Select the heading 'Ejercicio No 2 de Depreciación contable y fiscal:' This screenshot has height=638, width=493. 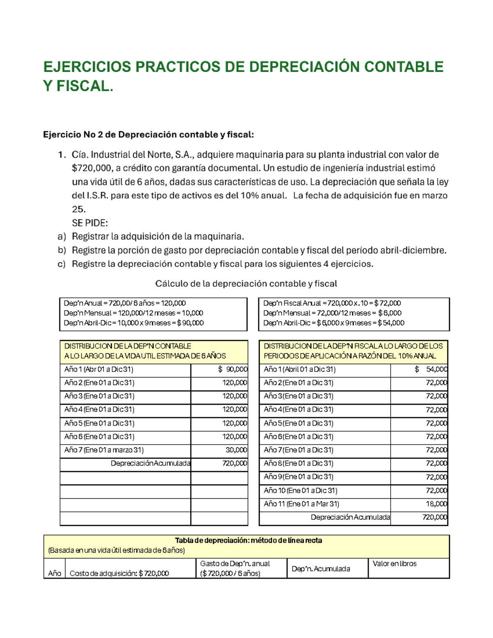pos(148,135)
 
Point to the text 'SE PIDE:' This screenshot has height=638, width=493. pos(90,223)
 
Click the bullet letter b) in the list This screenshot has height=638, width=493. pos(62,250)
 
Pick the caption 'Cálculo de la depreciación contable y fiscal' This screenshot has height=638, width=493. pos(246,283)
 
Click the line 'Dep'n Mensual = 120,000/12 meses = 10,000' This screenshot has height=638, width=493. pos(133,313)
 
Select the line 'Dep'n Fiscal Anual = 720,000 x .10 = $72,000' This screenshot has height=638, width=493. pos(332,303)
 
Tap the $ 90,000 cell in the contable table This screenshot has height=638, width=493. pos(233,369)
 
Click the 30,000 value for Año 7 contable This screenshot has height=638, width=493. pos(236,450)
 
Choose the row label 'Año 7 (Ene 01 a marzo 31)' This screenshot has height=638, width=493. pos(104,450)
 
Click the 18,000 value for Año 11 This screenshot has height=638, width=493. pos(436,504)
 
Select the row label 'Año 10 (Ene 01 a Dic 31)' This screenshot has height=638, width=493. pos(300,491)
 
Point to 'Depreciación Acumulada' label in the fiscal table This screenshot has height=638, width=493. pos(350,517)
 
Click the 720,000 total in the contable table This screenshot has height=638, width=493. pos(235,463)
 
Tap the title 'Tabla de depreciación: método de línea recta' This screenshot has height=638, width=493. pos(248,541)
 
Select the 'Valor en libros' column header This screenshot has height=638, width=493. pos(394,564)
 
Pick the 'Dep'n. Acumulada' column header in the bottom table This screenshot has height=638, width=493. pos(320,569)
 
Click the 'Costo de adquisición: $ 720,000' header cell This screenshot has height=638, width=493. pos(119,574)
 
